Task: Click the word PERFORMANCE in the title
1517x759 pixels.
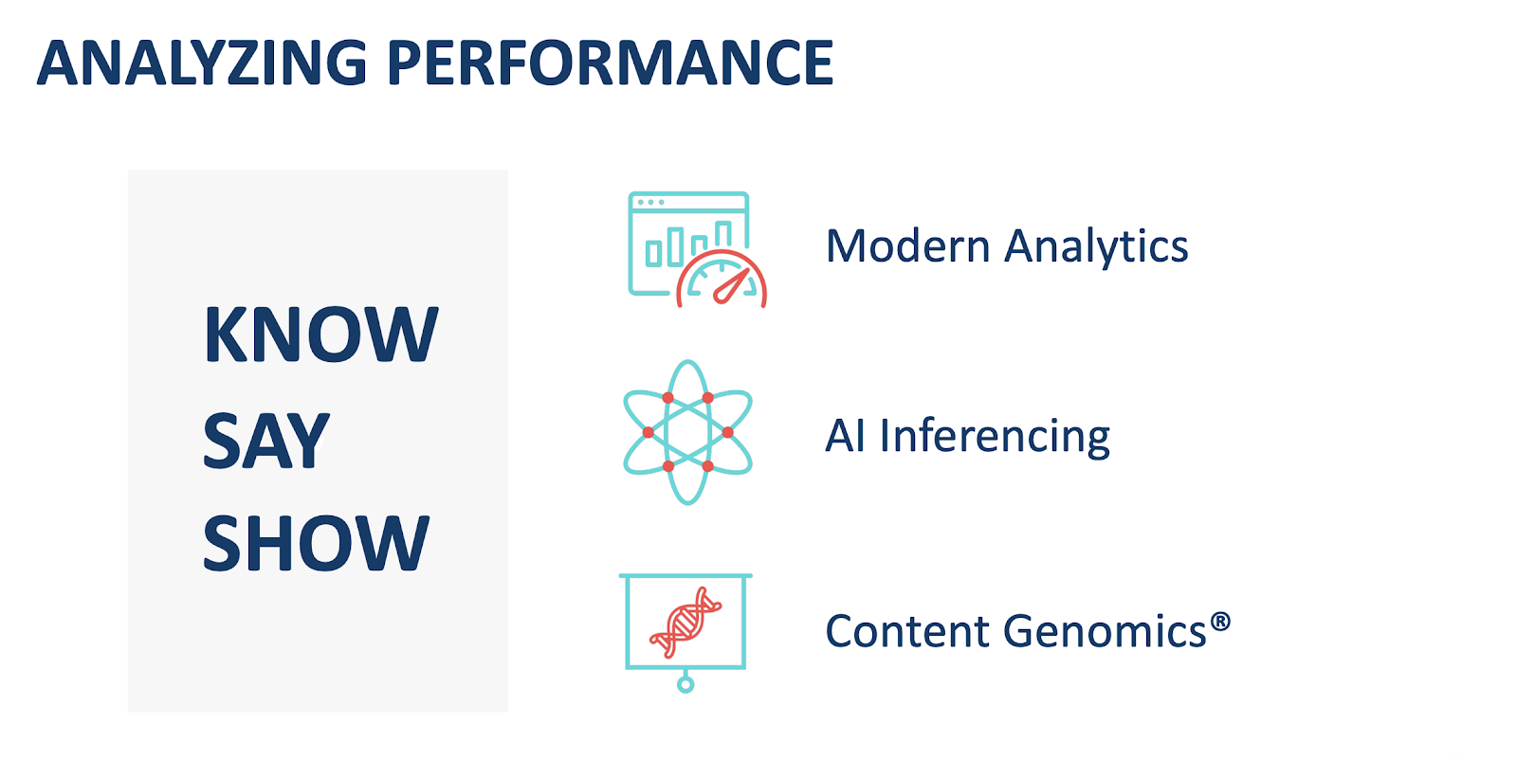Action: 611,63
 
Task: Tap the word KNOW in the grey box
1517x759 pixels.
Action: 321,334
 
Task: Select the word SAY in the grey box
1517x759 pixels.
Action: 266,440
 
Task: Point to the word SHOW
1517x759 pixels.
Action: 316,543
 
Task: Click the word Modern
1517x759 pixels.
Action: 907,245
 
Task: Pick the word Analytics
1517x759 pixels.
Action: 1096,248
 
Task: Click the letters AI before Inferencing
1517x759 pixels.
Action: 845,435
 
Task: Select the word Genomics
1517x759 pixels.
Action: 1105,632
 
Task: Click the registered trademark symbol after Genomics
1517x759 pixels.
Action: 1219,622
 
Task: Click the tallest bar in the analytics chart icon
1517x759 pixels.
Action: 723,234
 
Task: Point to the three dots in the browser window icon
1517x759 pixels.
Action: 650,203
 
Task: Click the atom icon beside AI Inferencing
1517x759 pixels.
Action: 687,432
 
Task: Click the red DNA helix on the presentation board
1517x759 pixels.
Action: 686,623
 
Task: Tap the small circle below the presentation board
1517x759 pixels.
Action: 685,684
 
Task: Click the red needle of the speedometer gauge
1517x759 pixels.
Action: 731,286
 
